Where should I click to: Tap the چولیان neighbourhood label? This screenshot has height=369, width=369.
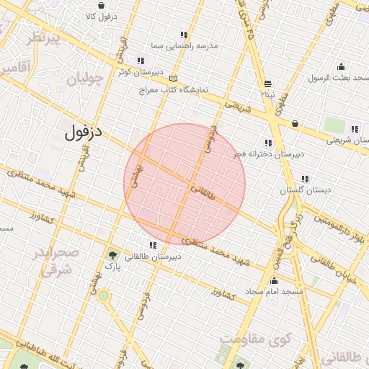tap(85, 80)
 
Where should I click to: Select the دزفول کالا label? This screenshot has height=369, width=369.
tap(100, 15)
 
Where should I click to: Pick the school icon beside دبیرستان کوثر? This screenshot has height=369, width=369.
tap(140, 61)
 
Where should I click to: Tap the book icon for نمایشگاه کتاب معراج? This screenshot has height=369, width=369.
tap(172, 79)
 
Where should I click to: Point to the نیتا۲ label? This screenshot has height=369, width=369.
tap(267, 94)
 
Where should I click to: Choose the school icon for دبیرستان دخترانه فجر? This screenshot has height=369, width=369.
tap(269, 143)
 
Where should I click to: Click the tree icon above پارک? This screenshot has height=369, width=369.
tap(112, 255)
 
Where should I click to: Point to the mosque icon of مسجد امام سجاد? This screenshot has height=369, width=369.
tap(274, 281)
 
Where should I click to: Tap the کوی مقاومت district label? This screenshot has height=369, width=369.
tap(255, 339)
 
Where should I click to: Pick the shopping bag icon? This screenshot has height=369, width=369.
tap(295, 123)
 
